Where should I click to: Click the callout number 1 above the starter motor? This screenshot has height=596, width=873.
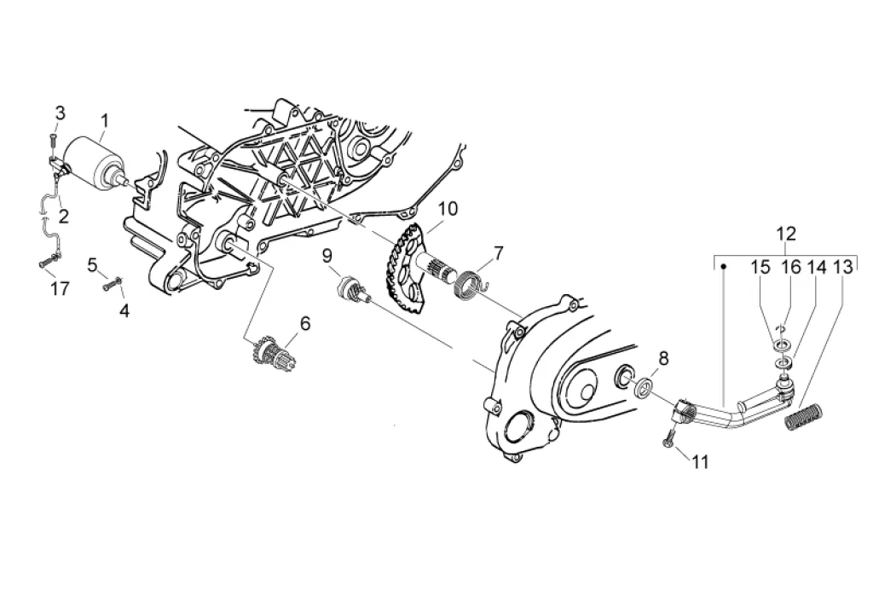pyautogui.click(x=104, y=120)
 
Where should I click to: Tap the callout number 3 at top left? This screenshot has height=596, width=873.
pyautogui.click(x=60, y=113)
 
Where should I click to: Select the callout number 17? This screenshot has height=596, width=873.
pyautogui.click(x=59, y=289)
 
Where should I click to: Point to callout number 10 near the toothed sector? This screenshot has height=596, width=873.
pyautogui.click(x=448, y=209)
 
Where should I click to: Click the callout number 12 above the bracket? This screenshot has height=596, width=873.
pyautogui.click(x=785, y=232)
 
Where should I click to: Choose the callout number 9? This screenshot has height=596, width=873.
pyautogui.click(x=327, y=255)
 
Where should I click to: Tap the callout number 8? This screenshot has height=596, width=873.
pyautogui.click(x=663, y=358)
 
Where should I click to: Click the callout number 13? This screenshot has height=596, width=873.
pyautogui.click(x=842, y=268)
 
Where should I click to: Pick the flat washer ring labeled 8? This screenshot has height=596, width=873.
pyautogui.click(x=645, y=390)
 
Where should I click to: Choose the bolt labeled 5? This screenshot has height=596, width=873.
pyautogui.click(x=109, y=286)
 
